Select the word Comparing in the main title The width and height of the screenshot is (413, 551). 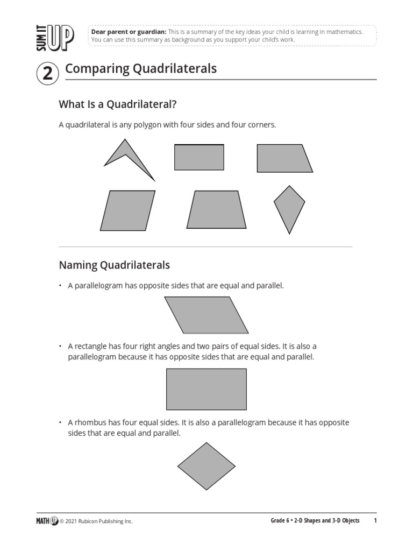pyautogui.click(x=94, y=69)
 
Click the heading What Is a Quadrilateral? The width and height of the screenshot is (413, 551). pyautogui.click(x=118, y=103)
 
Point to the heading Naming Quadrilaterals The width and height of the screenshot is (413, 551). pyautogui.click(x=114, y=265)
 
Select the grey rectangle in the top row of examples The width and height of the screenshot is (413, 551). pyautogui.click(x=199, y=157)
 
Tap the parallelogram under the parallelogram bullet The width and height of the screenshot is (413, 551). pyautogui.click(x=206, y=315)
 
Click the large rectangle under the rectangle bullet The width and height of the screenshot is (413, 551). pyautogui.click(x=206, y=389)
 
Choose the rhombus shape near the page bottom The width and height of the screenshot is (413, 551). pyautogui.click(x=206, y=466)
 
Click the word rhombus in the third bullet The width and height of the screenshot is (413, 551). pyautogui.click(x=89, y=422)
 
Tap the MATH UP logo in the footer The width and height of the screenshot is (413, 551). pyautogui.click(x=47, y=521)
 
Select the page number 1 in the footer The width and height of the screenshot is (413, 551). pyautogui.click(x=375, y=521)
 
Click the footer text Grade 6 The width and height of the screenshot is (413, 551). pyautogui.click(x=280, y=521)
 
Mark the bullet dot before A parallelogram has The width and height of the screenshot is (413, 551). pyautogui.click(x=61, y=286)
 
